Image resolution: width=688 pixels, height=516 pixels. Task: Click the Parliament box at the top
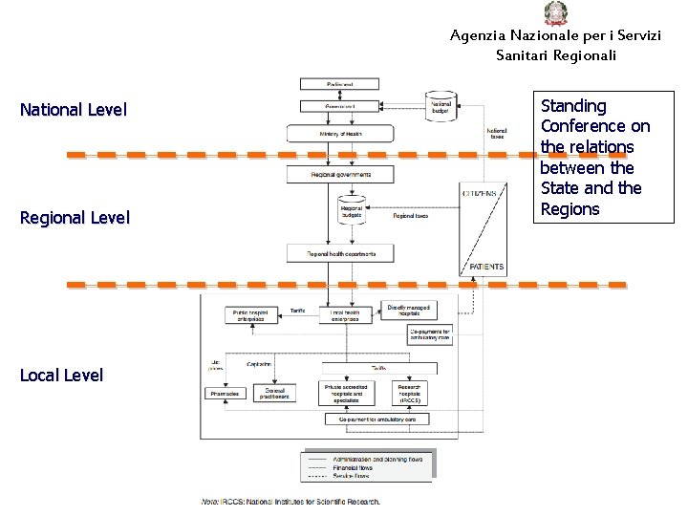click(339, 84)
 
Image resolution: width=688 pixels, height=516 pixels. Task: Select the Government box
click(339, 106)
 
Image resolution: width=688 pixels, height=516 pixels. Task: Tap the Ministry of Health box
click(340, 134)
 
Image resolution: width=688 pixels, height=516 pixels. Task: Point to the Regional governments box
click(340, 175)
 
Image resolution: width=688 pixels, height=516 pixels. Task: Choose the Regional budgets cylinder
click(352, 212)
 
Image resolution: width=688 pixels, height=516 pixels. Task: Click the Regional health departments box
click(340, 253)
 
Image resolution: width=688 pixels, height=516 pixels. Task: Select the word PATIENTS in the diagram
click(486, 267)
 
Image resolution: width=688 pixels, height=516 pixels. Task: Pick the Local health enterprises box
click(345, 314)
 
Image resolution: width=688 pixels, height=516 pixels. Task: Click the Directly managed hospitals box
click(408, 311)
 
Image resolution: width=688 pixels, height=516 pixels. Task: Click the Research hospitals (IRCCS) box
click(411, 393)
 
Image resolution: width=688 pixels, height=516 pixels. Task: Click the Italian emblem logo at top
click(555, 13)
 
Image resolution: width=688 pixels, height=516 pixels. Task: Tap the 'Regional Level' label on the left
click(75, 218)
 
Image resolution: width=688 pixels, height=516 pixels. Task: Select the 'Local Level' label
click(61, 376)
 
